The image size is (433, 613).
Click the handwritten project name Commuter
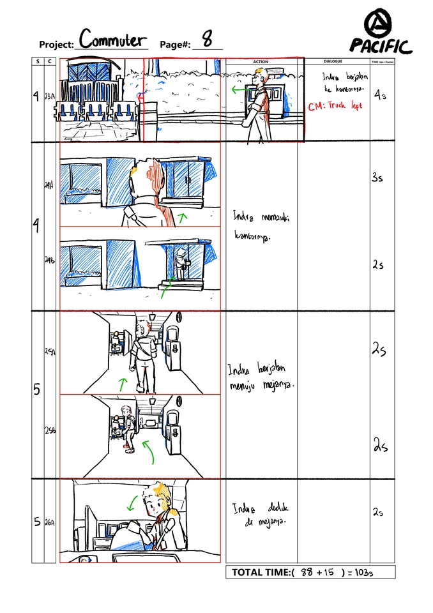tap(112, 40)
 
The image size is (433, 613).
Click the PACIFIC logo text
tap(381, 45)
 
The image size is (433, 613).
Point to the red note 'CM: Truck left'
tap(335, 107)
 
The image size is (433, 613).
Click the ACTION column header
tap(261, 62)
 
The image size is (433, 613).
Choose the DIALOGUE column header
tap(332, 62)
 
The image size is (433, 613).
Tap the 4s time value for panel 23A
tap(380, 95)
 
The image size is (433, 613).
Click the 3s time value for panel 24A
tap(377, 178)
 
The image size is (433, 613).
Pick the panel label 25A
tap(50, 352)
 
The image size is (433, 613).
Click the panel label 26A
tap(50, 522)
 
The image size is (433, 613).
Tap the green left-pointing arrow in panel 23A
tap(240, 91)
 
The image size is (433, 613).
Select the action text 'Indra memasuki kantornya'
tap(261, 227)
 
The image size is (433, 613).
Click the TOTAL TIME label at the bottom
tap(261, 572)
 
